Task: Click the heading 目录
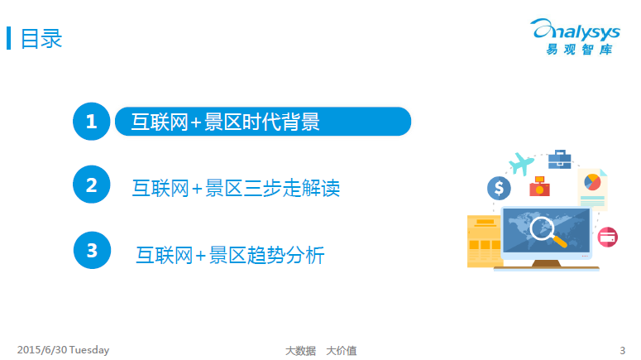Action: coord(41,38)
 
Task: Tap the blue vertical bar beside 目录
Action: coord(8,38)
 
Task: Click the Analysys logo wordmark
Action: coord(575,30)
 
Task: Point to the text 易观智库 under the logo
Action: coord(579,50)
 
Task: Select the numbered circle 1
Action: coord(92,122)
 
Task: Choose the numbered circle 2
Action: coord(92,184)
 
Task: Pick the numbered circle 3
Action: coord(92,250)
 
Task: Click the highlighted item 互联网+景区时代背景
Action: coord(263,122)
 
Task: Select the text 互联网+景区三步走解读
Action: coord(236,188)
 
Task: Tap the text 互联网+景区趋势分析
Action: coord(230,255)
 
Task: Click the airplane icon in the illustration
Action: coord(521,163)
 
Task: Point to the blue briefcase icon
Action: coord(560,159)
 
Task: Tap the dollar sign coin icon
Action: coord(499,188)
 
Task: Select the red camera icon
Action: coord(539,186)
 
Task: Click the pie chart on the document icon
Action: coord(592,182)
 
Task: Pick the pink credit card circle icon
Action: coord(607,238)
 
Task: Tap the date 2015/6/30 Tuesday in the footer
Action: coord(64,350)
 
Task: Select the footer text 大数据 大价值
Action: coord(321,351)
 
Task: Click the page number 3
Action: coord(622,351)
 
